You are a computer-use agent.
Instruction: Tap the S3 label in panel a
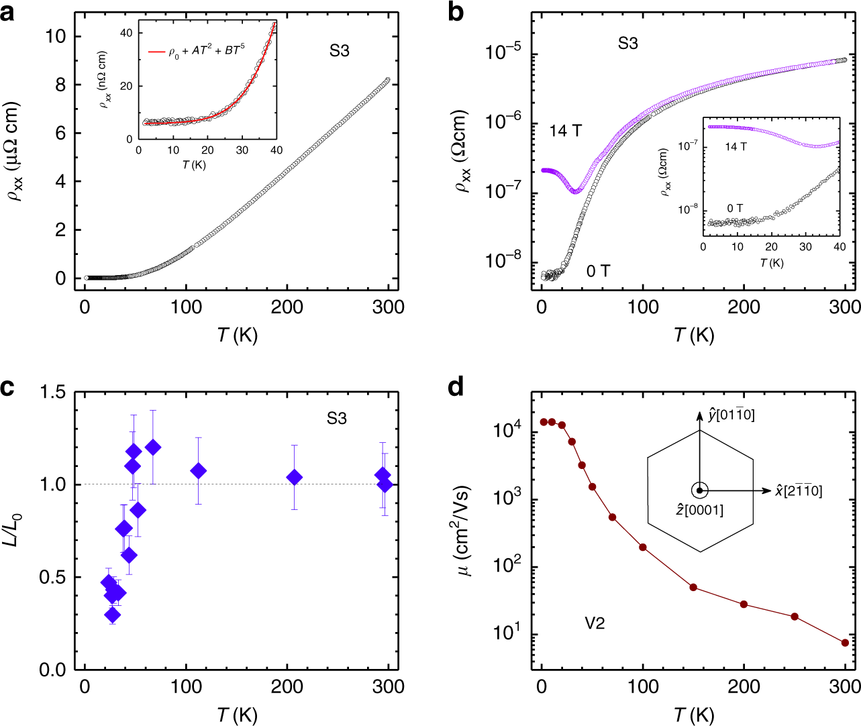(339, 51)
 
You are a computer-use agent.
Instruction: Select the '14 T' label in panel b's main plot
(565, 131)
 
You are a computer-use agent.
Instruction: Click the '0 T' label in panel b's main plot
(598, 271)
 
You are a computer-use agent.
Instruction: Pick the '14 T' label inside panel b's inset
(736, 146)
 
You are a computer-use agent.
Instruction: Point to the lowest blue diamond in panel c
(113, 615)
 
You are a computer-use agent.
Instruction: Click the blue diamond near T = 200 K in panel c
(294, 478)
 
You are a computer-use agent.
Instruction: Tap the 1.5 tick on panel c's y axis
(54, 393)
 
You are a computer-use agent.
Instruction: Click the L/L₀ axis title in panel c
(14, 530)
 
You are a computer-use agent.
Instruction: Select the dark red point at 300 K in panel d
(845, 643)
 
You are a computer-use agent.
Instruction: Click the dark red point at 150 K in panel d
(693, 587)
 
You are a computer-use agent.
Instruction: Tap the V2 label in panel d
(595, 624)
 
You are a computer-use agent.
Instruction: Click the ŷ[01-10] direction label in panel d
(731, 415)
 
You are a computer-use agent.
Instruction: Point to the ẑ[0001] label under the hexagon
(699, 511)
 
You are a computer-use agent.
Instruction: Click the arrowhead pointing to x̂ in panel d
(767, 490)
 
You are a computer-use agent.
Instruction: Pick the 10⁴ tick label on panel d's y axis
(507, 430)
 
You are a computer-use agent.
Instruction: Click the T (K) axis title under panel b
(693, 335)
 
